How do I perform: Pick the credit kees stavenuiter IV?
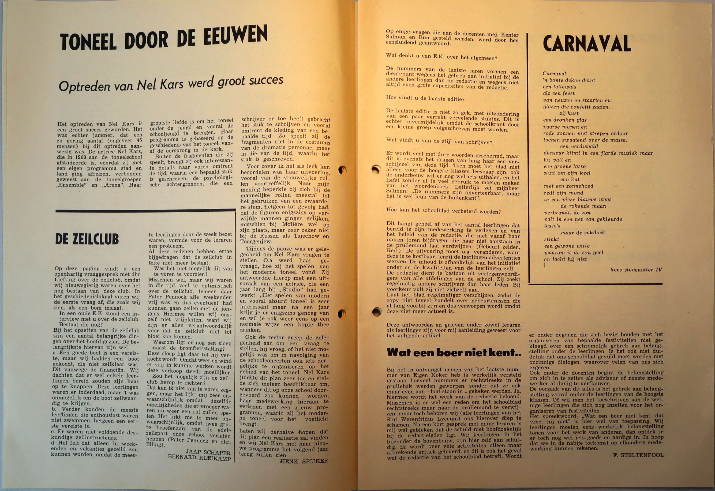click(x=636, y=270)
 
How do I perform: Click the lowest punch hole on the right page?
click(x=376, y=312)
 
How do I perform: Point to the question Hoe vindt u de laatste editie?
click(x=425, y=99)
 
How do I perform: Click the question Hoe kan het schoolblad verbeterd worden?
click(x=443, y=212)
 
